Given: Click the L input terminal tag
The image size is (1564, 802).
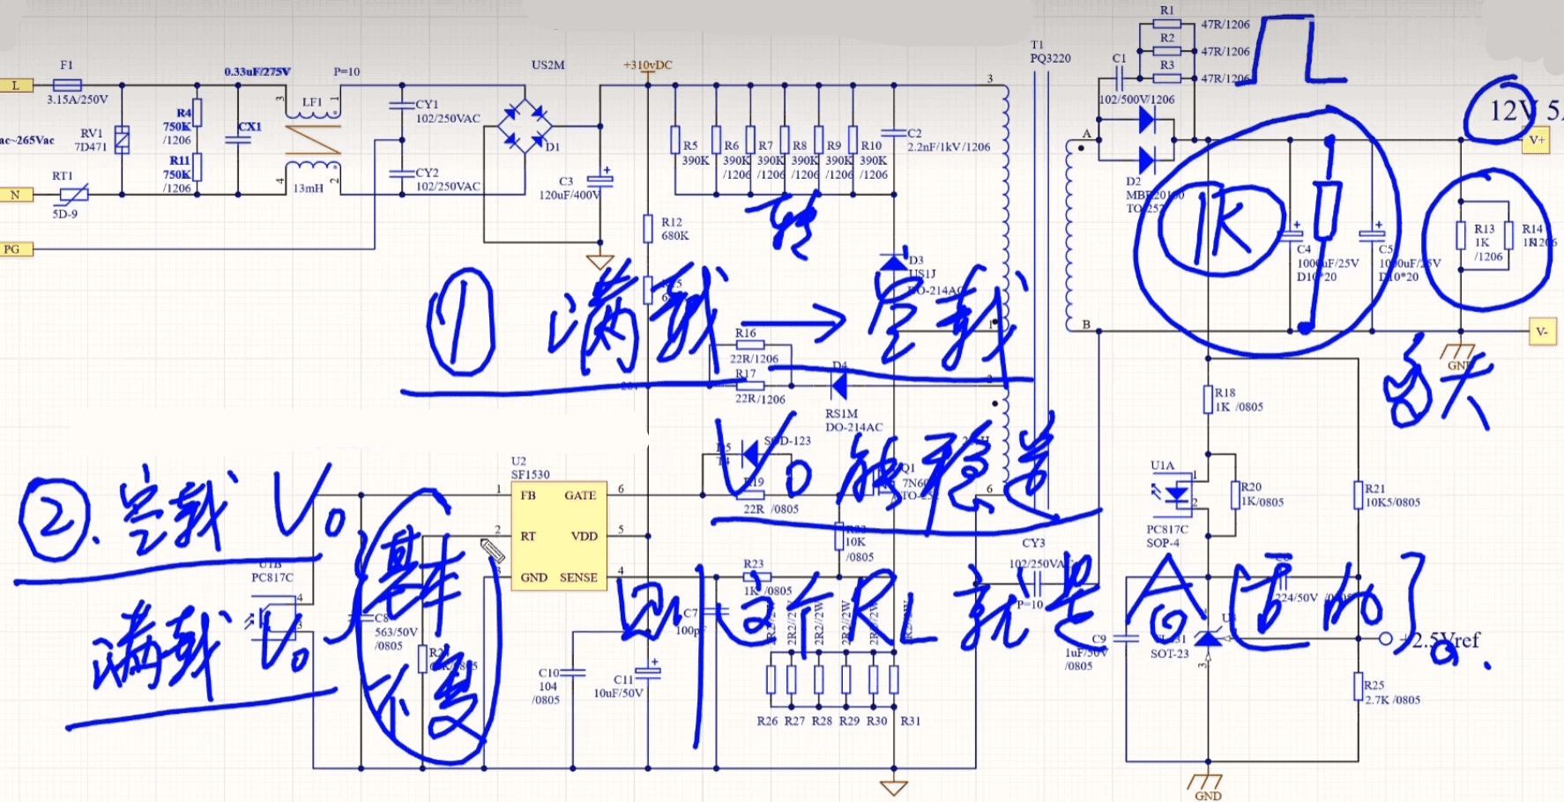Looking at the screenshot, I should [x=16, y=85].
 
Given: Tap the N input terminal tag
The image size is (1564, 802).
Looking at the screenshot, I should [x=16, y=195].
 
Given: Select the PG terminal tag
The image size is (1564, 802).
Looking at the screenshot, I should [x=13, y=249].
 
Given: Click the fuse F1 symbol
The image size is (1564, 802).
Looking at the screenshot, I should [x=67, y=85].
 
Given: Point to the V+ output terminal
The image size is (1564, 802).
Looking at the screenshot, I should [x=1537, y=140].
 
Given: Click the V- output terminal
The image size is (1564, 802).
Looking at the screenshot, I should [x=1541, y=331].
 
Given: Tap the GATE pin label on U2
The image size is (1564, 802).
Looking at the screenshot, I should [x=580, y=495].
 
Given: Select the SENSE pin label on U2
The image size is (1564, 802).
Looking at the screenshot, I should [x=578, y=577].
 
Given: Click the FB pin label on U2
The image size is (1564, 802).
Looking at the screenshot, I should [x=528, y=495].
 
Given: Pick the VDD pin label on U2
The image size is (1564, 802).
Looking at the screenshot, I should [x=584, y=536].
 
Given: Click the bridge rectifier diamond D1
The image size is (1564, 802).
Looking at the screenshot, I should [x=525, y=126].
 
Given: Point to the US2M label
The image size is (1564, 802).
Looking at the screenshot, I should [x=547, y=65].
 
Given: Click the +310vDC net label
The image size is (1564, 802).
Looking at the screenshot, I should [x=648, y=65].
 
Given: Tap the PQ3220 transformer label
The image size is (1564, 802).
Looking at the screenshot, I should [x=1050, y=58].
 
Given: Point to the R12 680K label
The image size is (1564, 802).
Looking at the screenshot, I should [x=674, y=229].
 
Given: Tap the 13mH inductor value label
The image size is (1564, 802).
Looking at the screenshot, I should [x=308, y=189].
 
